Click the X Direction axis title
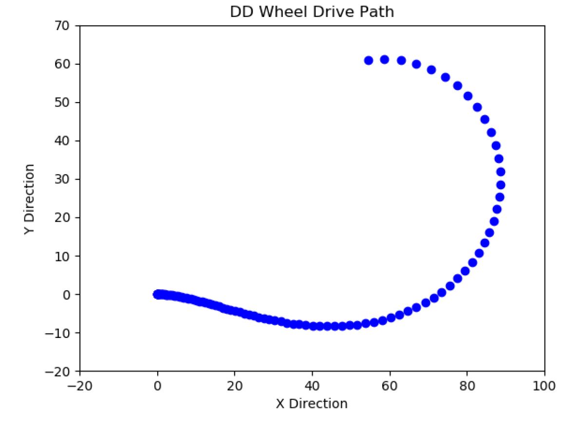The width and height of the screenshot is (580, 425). pos(312,404)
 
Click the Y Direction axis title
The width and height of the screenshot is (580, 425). pos(29,199)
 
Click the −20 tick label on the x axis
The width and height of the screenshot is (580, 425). pos(79,386)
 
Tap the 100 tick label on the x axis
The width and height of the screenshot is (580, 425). pos(544,386)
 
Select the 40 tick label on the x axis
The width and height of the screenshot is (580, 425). pos(312,386)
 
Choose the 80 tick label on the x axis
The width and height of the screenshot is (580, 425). pos(467,386)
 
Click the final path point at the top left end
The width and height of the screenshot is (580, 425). pos(369,60)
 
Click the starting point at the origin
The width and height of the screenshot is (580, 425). pos(157,294)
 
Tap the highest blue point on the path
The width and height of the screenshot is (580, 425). pos(384,59)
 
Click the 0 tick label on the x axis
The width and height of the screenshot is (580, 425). pos(157,386)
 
